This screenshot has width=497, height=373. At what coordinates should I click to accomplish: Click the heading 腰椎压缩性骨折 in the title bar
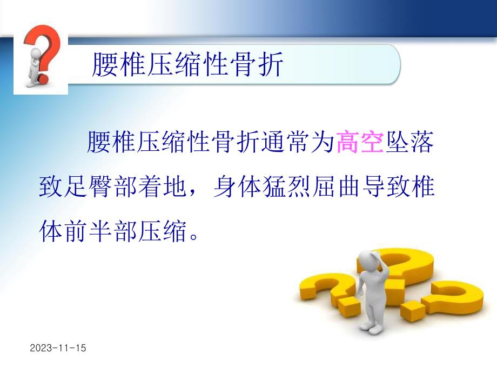(x=186, y=65)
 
